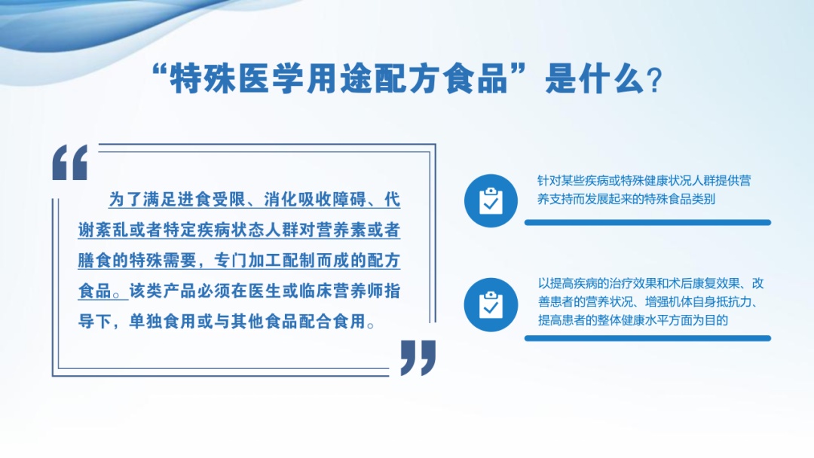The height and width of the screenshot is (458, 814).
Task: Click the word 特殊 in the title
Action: pyautogui.click(x=203, y=79)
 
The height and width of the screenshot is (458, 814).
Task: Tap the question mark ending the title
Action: pyautogui.click(x=654, y=81)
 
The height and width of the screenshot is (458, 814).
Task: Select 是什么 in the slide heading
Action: pyautogui.click(x=595, y=79)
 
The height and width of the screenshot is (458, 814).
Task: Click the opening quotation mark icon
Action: pyautogui.click(x=70, y=163)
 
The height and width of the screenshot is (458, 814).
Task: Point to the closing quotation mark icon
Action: pyautogui.click(x=418, y=358)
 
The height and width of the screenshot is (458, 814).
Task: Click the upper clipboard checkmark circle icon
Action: pyautogui.click(x=491, y=200)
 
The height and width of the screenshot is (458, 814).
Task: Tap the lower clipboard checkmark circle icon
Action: pyautogui.click(x=491, y=304)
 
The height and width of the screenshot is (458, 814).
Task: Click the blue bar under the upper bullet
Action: pyautogui.click(x=647, y=222)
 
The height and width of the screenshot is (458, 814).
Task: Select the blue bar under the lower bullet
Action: pyautogui.click(x=647, y=338)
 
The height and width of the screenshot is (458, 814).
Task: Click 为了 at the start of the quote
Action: pyautogui.click(x=125, y=200)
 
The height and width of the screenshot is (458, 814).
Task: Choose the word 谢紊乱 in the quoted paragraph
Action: pyautogui.click(x=103, y=231)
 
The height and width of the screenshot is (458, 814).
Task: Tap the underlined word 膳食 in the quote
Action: pyautogui.click(x=94, y=261)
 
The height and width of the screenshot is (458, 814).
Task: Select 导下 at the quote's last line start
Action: pyautogui.click(x=94, y=322)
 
